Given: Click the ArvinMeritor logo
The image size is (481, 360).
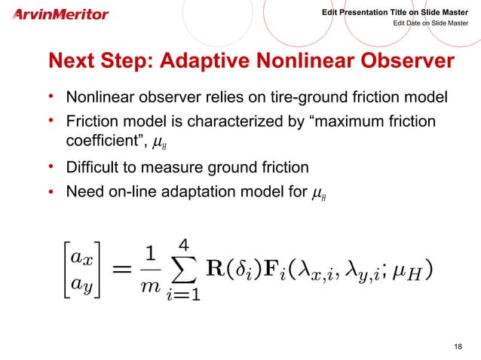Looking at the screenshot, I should point(61,14).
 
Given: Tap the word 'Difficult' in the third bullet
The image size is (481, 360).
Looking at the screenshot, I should point(95,167).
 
